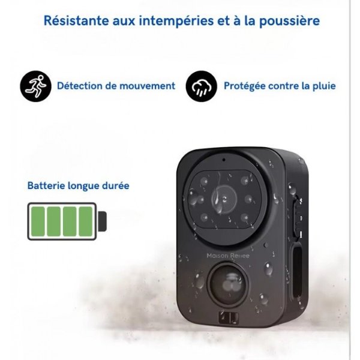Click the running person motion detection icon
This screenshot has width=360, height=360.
pos(35,86)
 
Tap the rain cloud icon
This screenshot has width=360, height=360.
pos(201,86)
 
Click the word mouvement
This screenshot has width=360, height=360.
pos(147,86)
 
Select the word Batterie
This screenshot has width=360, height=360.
pos(47,185)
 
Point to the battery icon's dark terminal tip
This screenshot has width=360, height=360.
pos(103,221)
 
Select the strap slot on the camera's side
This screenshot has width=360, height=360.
pos(296,269)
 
